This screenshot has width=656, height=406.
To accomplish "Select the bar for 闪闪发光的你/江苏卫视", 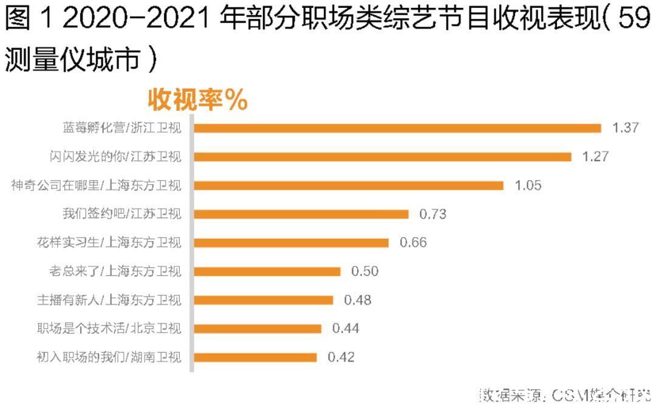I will [x=383, y=157].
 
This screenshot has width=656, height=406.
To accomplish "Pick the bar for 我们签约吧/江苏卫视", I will [x=301, y=214].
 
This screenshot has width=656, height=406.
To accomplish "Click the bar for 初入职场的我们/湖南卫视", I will [x=256, y=357].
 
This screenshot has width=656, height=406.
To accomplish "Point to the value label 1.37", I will [x=626, y=128].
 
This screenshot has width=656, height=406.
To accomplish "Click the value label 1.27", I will [x=595, y=157].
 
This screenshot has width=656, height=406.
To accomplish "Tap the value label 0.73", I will [x=432, y=214].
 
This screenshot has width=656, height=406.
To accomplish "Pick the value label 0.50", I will [x=364, y=271].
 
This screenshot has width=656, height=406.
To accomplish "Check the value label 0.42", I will [x=341, y=357].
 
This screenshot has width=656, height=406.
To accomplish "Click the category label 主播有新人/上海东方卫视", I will [x=109, y=300].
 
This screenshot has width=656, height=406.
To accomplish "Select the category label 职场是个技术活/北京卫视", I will [x=109, y=328].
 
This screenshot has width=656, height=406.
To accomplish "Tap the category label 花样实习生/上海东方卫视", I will [x=109, y=243].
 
